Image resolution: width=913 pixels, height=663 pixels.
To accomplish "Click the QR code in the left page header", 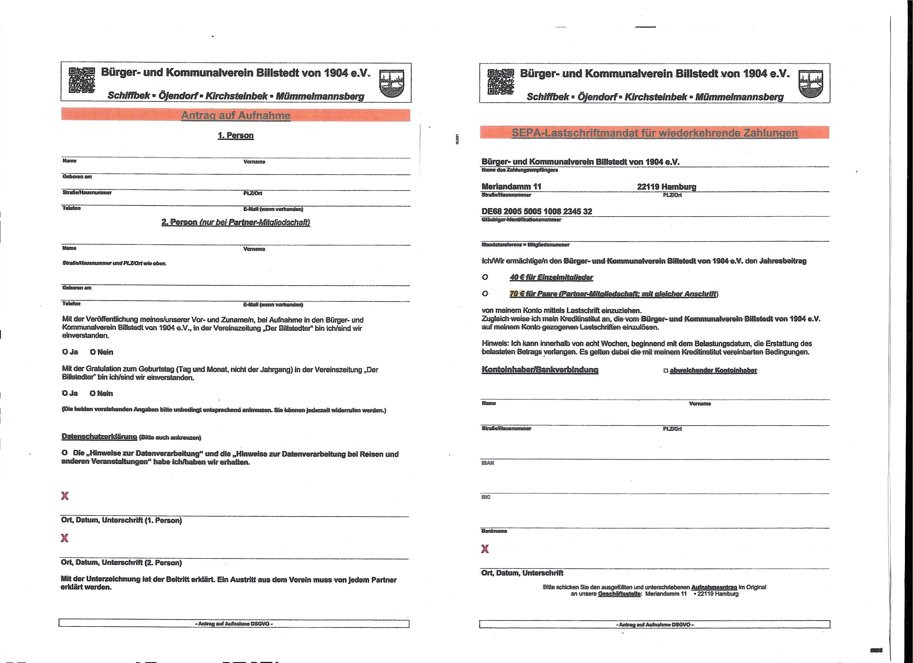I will coord(82,80).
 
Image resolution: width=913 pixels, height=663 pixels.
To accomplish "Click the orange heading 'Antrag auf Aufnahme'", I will coord(236,115).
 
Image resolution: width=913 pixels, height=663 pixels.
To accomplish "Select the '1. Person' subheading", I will coord(236,135).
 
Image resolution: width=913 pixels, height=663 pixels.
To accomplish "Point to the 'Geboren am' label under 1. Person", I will coord(77,177).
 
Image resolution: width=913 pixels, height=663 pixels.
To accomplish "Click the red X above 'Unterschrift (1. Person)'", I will coord(64,496).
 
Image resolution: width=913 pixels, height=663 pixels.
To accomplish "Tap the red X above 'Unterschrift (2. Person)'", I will coord(64,538).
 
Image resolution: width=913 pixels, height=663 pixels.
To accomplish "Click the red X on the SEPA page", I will coord(485,549).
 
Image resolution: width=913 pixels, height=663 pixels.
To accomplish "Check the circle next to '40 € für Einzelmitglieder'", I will coord(485,277).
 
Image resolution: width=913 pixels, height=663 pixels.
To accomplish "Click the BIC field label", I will coord(486,497).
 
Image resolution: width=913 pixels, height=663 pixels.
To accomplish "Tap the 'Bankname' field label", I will coord(494,531).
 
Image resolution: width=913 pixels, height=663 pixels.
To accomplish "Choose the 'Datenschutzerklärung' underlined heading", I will coord(99,436).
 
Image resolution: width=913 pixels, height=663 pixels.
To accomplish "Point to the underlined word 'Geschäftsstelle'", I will coord(620,594).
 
